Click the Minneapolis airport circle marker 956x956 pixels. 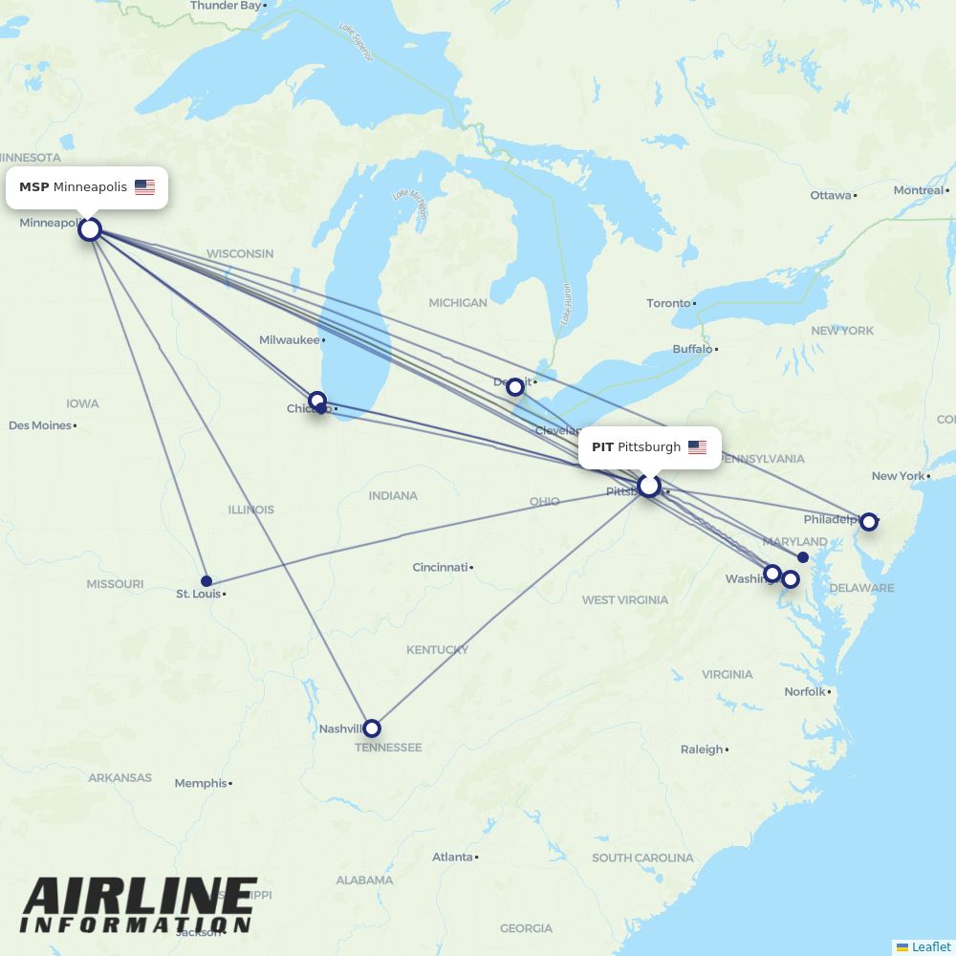[90, 229]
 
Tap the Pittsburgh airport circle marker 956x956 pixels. [649, 486]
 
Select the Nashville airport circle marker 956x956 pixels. [372, 728]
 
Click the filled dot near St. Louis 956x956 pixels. [206, 580]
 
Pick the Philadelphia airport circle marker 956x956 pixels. [868, 521]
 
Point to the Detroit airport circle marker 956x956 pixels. [515, 386]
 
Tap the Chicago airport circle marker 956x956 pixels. [317, 401]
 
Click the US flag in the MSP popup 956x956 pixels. [144, 187]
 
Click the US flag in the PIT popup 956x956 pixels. [697, 447]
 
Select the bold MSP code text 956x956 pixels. [33, 187]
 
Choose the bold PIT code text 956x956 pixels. [602, 447]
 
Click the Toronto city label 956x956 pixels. [668, 303]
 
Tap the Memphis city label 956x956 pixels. [201, 783]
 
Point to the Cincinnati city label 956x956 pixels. [440, 567]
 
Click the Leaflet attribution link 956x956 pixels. [930, 946]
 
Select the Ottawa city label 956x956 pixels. [830, 195]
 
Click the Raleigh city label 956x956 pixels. [702, 750]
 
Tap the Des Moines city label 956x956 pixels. [40, 425]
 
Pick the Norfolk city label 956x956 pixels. [804, 691]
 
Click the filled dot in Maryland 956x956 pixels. [803, 556]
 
